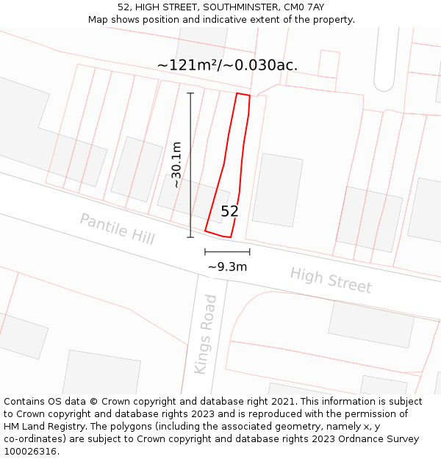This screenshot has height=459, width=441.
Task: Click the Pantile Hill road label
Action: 117,229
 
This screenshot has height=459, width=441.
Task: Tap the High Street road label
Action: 331,280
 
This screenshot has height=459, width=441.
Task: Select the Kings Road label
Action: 206,334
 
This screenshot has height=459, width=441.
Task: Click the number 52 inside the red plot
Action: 229,212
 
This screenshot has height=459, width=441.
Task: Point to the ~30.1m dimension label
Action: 176,165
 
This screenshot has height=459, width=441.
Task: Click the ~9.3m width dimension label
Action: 227,267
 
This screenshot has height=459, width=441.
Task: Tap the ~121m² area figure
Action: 188,65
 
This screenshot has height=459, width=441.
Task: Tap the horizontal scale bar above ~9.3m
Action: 227,252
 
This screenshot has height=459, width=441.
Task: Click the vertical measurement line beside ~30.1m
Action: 190,165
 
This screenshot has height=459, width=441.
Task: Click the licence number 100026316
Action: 32,452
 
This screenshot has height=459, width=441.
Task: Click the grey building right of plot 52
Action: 278,189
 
